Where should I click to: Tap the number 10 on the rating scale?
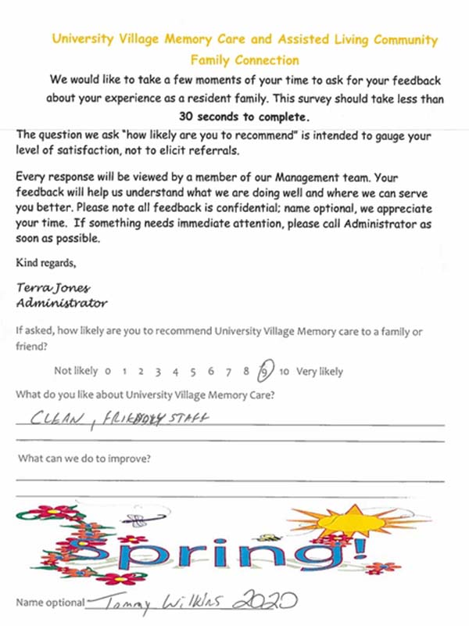coord(285,372)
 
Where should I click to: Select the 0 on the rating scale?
coord(106,372)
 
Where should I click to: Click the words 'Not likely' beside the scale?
coord(76,372)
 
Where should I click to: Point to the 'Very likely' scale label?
coord(320,372)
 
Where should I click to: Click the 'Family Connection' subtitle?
coord(244,59)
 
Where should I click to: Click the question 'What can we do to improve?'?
coord(84,458)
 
